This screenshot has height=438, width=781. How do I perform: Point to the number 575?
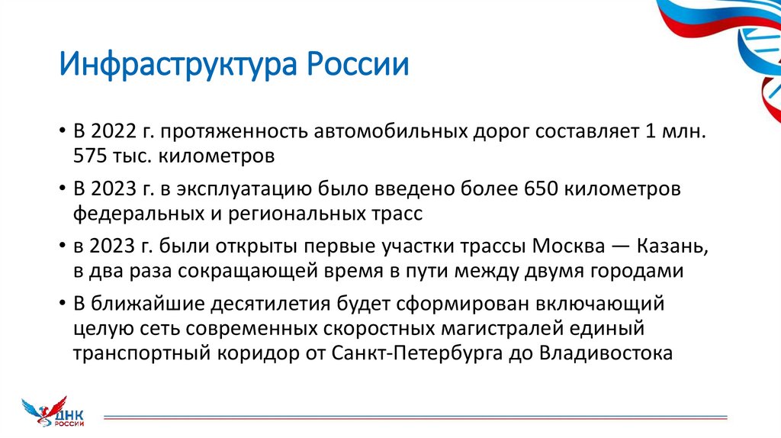click(89, 157)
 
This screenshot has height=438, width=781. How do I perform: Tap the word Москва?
click(573, 246)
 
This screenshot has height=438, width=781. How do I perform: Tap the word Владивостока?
click(606, 355)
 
